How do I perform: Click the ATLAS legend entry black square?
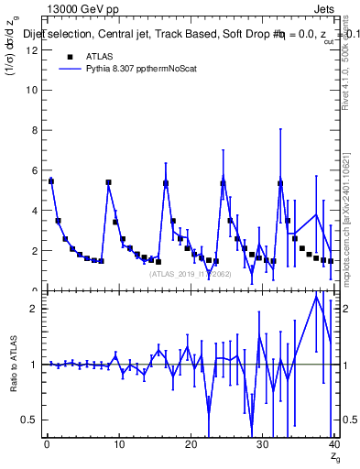click(71, 56)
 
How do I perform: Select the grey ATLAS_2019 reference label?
click(190, 273)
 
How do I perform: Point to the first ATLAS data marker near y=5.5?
click(51, 181)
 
